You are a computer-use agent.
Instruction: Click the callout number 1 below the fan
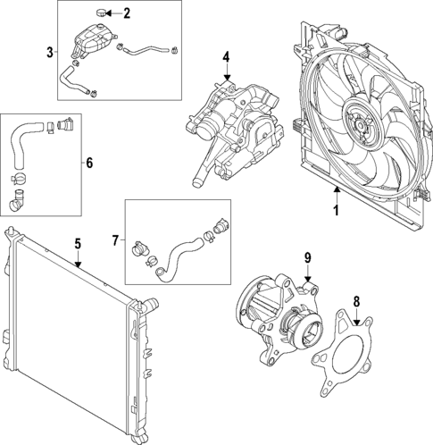pos(336,211)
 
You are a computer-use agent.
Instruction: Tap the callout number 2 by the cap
pos(126,13)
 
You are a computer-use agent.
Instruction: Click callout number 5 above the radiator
pos(78,242)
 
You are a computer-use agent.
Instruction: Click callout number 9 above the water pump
pos(306,258)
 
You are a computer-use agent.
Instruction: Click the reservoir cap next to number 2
pos(104,13)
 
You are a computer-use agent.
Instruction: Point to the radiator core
pos(71,340)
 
